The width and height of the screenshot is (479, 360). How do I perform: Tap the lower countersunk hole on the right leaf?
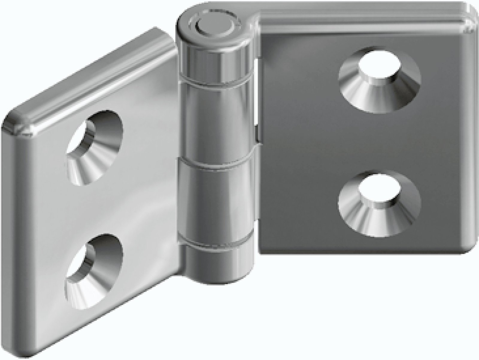click(x=380, y=202)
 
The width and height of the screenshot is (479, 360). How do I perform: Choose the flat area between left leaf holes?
click(x=96, y=209)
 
